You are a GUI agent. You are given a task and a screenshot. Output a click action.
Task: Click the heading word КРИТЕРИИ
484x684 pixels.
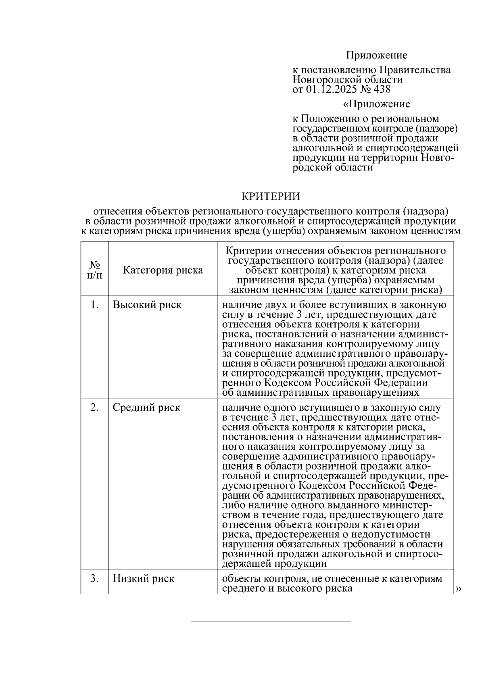coord(270,196)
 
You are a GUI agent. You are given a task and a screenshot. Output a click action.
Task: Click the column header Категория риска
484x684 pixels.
coord(163,270)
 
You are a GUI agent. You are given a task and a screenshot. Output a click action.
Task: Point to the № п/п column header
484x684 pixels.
coord(94,270)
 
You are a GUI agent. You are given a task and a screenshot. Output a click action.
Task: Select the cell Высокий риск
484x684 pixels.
coord(147,305)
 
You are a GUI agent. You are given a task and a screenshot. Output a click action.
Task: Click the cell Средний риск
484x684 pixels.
coord(146,407)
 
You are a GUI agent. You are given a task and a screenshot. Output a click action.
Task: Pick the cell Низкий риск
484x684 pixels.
coord(143,579)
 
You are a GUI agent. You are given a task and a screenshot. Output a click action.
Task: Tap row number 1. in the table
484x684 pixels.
coord(94,305)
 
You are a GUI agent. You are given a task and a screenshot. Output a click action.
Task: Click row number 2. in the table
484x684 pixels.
coord(94,407)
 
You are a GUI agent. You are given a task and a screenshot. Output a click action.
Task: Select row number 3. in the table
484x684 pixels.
coord(94,579)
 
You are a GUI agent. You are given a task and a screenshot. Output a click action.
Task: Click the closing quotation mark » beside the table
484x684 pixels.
coord(458,589)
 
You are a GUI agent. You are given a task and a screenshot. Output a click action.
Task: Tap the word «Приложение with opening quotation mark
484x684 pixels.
coord(376,104)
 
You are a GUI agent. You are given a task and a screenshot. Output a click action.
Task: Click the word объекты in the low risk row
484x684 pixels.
coord(241,579)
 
